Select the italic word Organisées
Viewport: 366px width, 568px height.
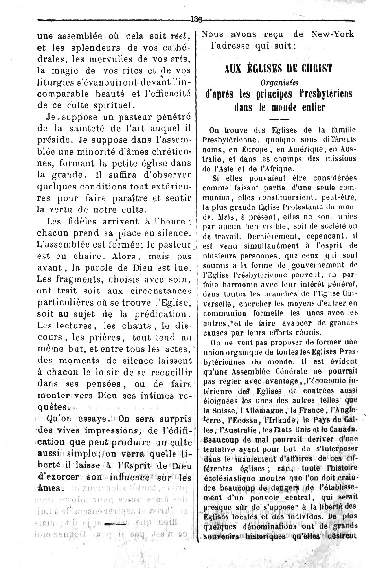pos(279,81)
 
